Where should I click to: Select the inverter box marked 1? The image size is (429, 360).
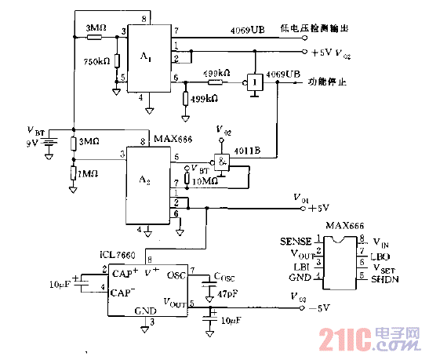253,82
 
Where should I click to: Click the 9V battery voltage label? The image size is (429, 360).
31,143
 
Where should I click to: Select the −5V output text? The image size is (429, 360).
322,308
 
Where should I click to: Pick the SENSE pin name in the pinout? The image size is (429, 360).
296,240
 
